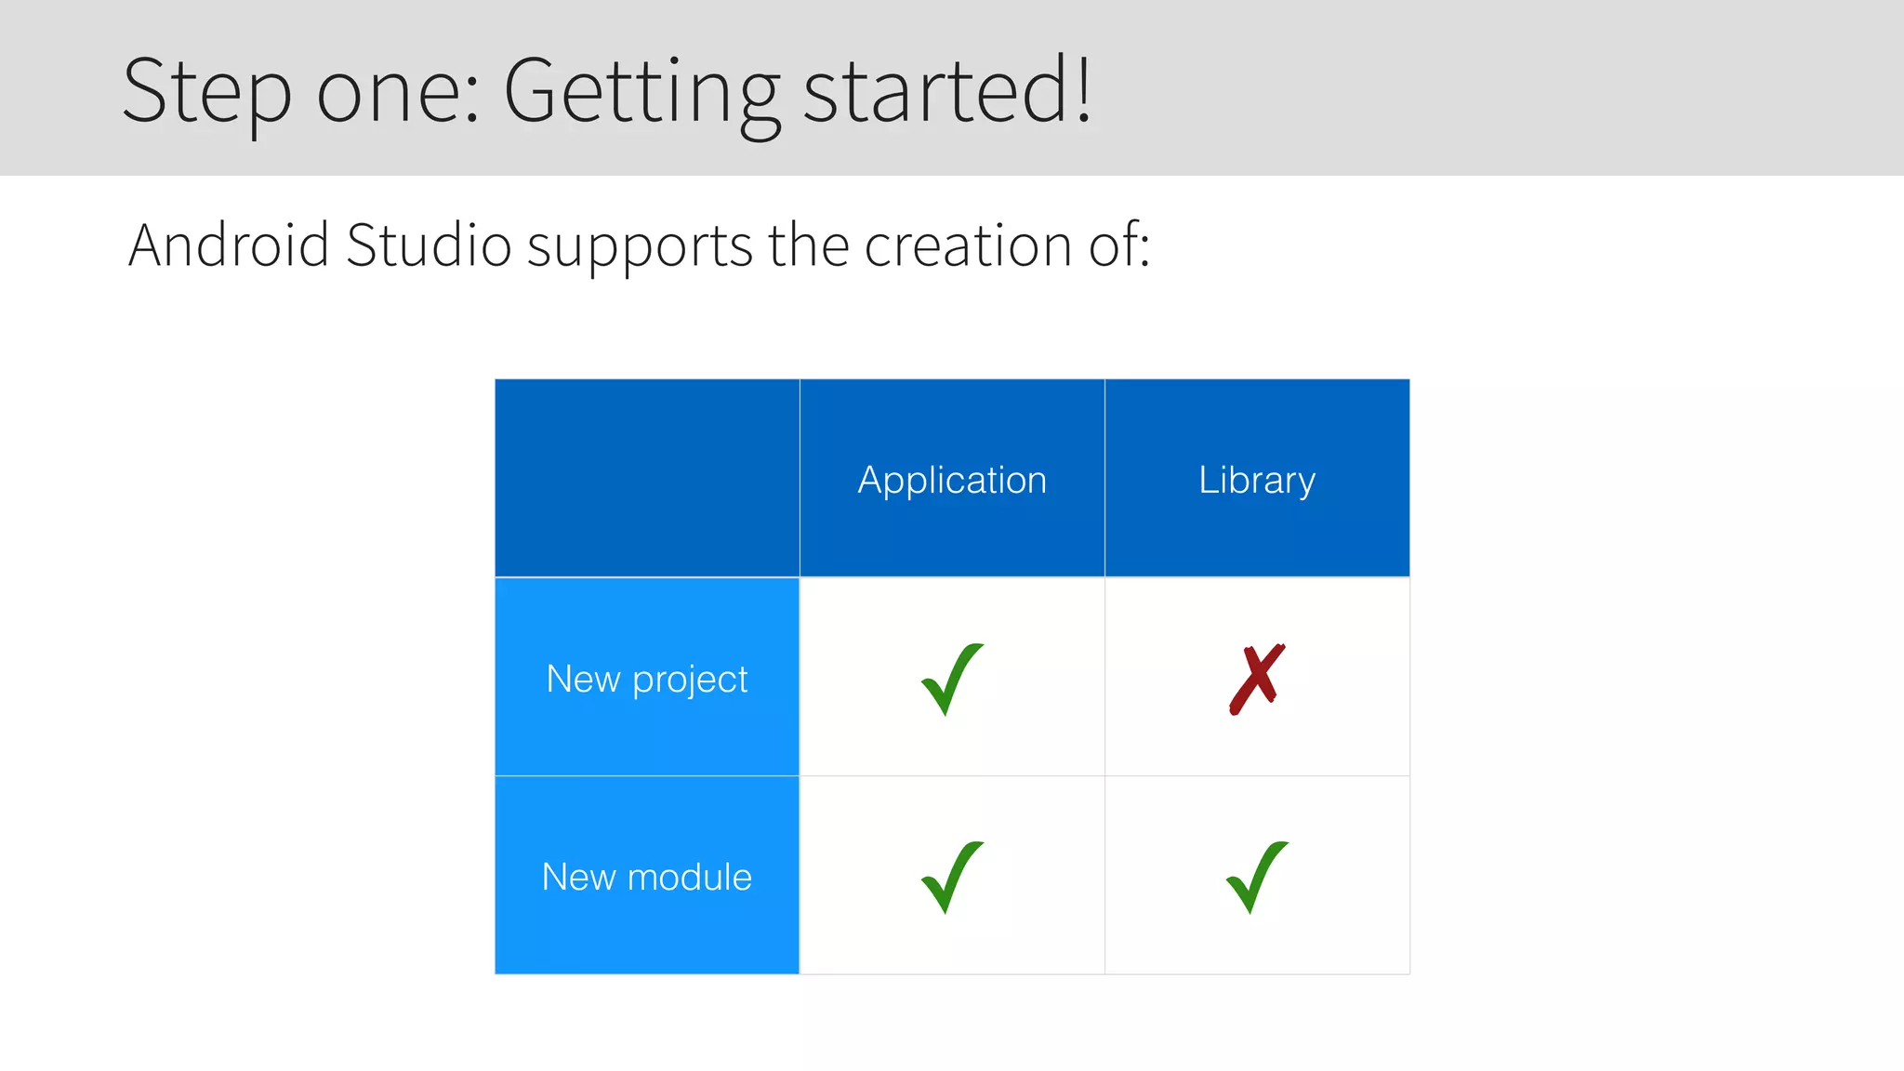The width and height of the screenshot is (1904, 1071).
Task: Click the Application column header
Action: point(952,481)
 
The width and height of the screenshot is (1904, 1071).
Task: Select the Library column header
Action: point(1257,481)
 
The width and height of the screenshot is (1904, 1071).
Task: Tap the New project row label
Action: point(647,679)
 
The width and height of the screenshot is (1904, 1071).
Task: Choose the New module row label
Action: point(647,877)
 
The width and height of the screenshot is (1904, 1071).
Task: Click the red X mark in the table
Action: point(1257,679)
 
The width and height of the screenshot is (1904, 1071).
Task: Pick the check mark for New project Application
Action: point(951,679)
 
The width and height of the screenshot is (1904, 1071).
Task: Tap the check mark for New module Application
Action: point(951,877)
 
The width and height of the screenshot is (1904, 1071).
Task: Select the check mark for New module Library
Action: point(1256,877)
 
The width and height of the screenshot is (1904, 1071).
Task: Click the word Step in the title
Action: point(206,91)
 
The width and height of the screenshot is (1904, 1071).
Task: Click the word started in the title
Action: point(935,90)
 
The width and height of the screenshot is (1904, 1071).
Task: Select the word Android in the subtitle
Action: point(229,245)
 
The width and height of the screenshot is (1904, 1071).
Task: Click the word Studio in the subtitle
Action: point(429,245)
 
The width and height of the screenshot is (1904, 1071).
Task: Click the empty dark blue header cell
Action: point(647,478)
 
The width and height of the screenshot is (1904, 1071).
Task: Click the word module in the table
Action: point(689,877)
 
